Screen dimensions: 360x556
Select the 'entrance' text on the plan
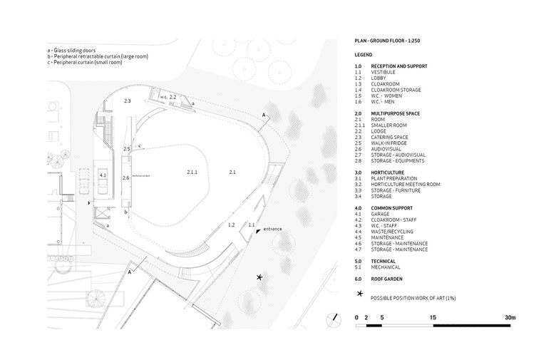(x=273, y=229)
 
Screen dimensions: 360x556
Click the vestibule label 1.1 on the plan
(x=252, y=225)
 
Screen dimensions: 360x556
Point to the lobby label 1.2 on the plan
(x=231, y=225)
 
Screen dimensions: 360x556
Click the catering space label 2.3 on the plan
(x=128, y=101)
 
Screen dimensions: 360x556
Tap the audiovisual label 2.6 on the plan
(x=126, y=177)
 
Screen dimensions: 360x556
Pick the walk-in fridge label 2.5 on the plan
(x=127, y=148)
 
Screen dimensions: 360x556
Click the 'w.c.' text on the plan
(x=163, y=97)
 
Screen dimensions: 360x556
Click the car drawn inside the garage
(x=103, y=186)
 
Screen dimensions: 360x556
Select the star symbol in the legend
(x=360, y=294)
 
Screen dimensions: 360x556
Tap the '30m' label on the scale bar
(x=510, y=317)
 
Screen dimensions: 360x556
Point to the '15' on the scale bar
(x=433, y=317)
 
